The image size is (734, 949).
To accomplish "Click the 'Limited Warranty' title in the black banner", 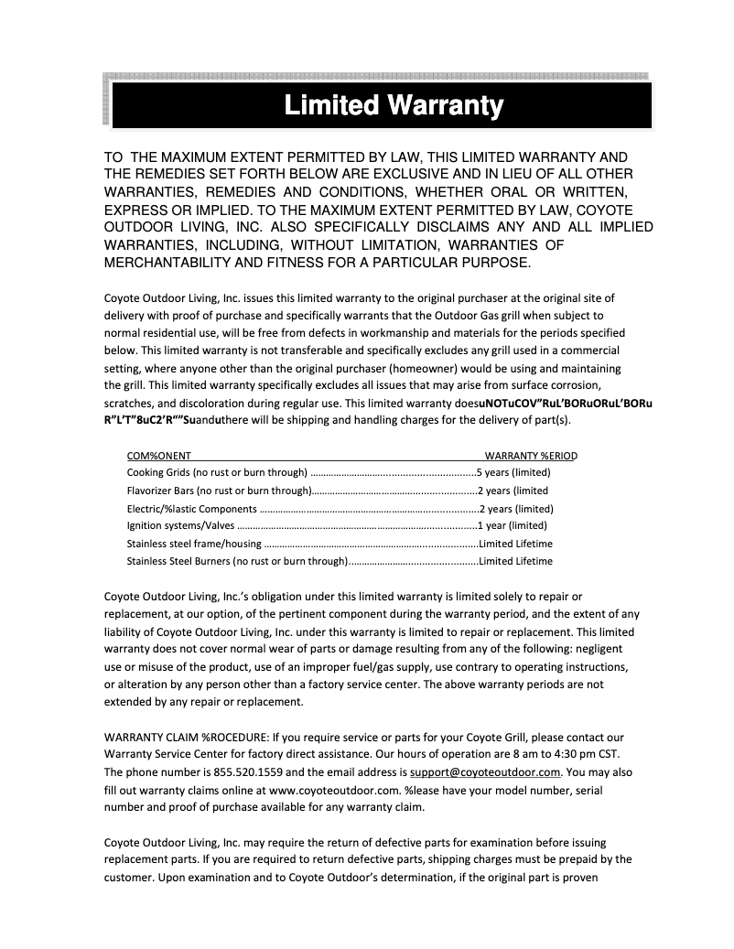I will (x=394, y=105).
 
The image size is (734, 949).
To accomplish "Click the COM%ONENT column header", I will (x=158, y=456).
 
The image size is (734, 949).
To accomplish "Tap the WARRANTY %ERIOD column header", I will (x=531, y=456).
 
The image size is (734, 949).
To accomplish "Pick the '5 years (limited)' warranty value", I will (x=513, y=473).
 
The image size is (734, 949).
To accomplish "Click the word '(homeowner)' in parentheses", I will (x=448, y=368).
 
